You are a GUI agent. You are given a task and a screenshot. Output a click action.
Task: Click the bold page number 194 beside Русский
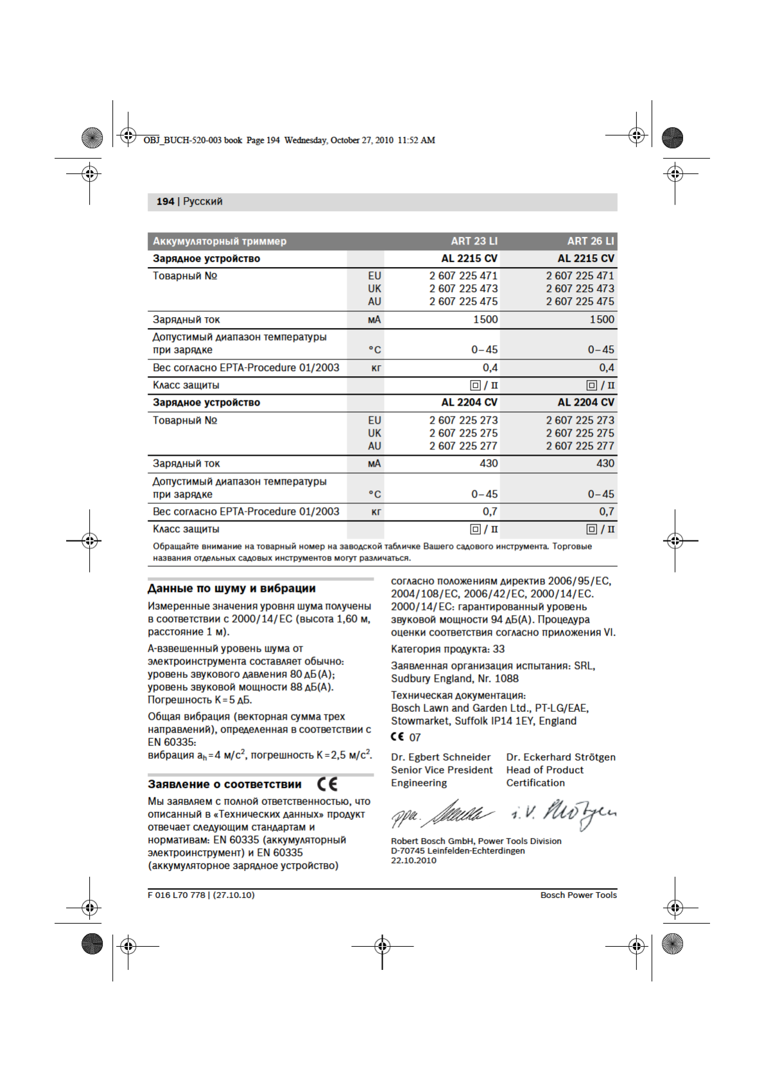[165, 202]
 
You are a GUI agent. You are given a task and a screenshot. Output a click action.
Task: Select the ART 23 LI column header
[474, 241]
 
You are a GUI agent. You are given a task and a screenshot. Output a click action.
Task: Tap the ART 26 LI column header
[590, 241]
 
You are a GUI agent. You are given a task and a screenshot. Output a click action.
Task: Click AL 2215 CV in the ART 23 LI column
[469, 259]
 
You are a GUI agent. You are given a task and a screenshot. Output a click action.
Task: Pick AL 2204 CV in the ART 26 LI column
[586, 402]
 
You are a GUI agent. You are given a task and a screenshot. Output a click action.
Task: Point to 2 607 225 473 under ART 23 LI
[463, 289]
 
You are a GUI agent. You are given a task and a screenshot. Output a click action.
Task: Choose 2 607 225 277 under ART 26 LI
[580, 446]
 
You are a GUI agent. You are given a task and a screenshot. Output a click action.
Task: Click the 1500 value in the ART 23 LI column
[485, 320]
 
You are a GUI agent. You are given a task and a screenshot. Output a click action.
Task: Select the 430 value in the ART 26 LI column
[605, 463]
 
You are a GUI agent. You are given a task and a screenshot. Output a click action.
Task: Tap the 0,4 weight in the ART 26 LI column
[606, 368]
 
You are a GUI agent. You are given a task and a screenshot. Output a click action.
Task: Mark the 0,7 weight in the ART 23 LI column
[490, 512]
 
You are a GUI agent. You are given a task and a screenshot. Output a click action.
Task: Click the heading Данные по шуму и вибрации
[231, 589]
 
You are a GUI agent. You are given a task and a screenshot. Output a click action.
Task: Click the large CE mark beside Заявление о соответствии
[327, 784]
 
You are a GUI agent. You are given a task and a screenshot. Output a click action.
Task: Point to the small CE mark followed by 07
[397, 737]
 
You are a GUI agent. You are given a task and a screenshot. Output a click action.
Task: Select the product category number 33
[499, 649]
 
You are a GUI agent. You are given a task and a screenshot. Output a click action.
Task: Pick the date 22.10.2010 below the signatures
[413, 861]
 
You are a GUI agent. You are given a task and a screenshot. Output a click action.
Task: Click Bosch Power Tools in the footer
[578, 895]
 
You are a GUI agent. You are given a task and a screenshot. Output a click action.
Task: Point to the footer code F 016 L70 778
[177, 895]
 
